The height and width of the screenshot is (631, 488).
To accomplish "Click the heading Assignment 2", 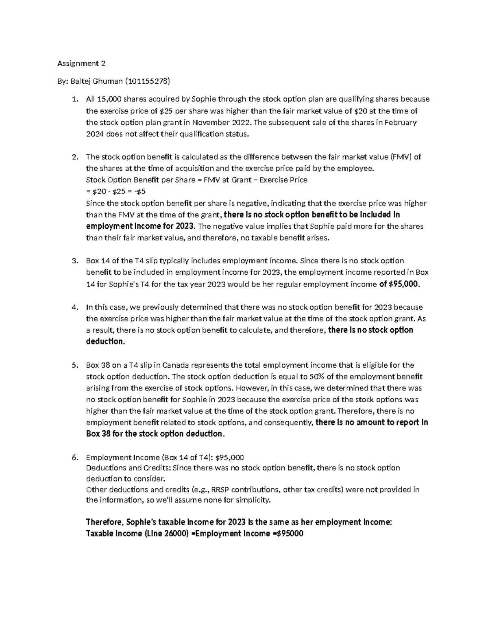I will tap(81, 63).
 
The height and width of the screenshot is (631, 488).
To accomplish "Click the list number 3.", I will tap(74, 261).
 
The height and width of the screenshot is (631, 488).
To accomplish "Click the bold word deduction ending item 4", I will tap(105, 342).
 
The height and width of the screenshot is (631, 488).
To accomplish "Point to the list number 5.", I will tap(74, 365).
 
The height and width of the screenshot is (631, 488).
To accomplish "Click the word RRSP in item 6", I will tap(220, 490).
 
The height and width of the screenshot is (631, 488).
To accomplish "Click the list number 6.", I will tap(74, 458).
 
